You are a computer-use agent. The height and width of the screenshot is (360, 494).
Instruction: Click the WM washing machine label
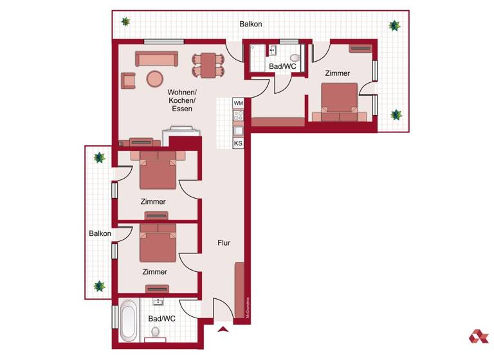[238, 103]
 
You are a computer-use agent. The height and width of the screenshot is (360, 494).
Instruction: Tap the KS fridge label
[238, 143]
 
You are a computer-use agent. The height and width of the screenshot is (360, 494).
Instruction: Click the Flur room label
[224, 243]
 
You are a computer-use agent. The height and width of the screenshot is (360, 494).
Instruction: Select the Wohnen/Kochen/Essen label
[182, 100]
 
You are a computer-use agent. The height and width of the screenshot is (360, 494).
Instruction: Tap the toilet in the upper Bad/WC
[295, 57]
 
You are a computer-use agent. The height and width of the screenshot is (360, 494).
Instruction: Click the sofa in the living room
[156, 59]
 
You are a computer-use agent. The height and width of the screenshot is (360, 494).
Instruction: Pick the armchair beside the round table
[129, 80]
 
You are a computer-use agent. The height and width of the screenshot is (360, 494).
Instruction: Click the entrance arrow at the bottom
[223, 330]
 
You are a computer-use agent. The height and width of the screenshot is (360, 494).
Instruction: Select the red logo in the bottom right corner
[478, 336]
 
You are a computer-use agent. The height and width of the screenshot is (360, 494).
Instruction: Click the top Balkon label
[250, 24]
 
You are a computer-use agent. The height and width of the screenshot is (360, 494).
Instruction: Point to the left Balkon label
[100, 233]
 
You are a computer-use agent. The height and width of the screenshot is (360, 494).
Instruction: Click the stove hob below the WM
[238, 116]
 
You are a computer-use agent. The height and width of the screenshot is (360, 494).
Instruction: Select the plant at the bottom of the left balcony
[100, 286]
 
